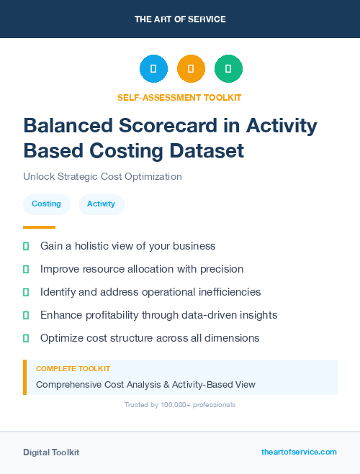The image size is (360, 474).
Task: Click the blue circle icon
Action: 153,69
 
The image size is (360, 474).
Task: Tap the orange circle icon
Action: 191,69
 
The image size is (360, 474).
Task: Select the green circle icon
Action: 228,69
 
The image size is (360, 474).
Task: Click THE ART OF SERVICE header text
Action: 180,19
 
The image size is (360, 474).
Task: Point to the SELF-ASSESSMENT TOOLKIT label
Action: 179,97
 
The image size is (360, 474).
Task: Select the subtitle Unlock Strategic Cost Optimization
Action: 102,176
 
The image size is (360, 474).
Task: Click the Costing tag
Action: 46,204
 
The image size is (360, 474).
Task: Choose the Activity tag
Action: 101,204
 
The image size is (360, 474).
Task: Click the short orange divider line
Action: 40,227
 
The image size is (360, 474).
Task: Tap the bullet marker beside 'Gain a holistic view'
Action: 26,246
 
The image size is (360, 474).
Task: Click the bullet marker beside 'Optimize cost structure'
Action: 26,338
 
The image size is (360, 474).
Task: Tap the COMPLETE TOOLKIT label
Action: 73,369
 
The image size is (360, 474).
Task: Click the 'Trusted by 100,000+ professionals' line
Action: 179,405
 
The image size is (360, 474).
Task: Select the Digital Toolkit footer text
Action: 51,452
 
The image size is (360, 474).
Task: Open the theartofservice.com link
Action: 299,452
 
